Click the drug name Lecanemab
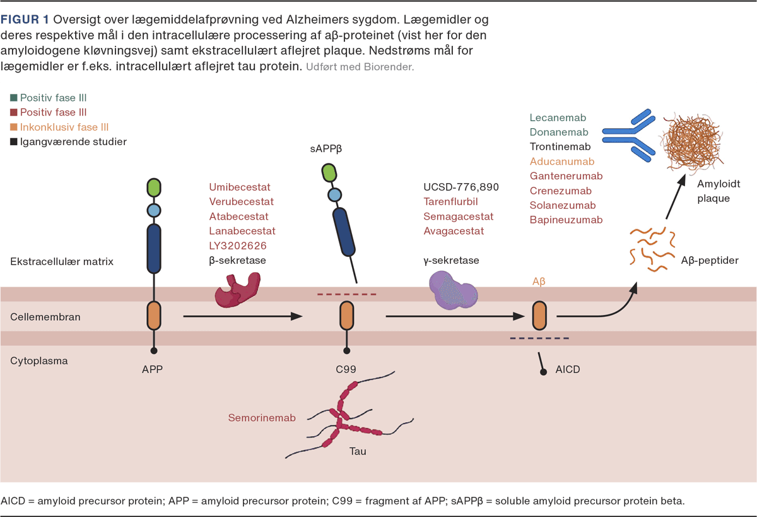tap(558, 117)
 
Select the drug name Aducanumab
tap(562, 162)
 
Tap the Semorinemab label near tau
tap(262, 418)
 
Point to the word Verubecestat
tap(241, 202)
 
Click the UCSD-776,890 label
tap(461, 187)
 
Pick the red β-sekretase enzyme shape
tap(238, 288)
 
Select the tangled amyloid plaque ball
tap(692, 140)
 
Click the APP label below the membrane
tap(153, 369)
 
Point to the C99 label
tap(346, 369)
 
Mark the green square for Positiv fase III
tap(14, 98)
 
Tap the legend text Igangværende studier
tap(73, 141)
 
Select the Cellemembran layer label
tap(45, 317)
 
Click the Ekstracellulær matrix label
tap(62, 261)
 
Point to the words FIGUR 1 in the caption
tap(25, 20)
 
